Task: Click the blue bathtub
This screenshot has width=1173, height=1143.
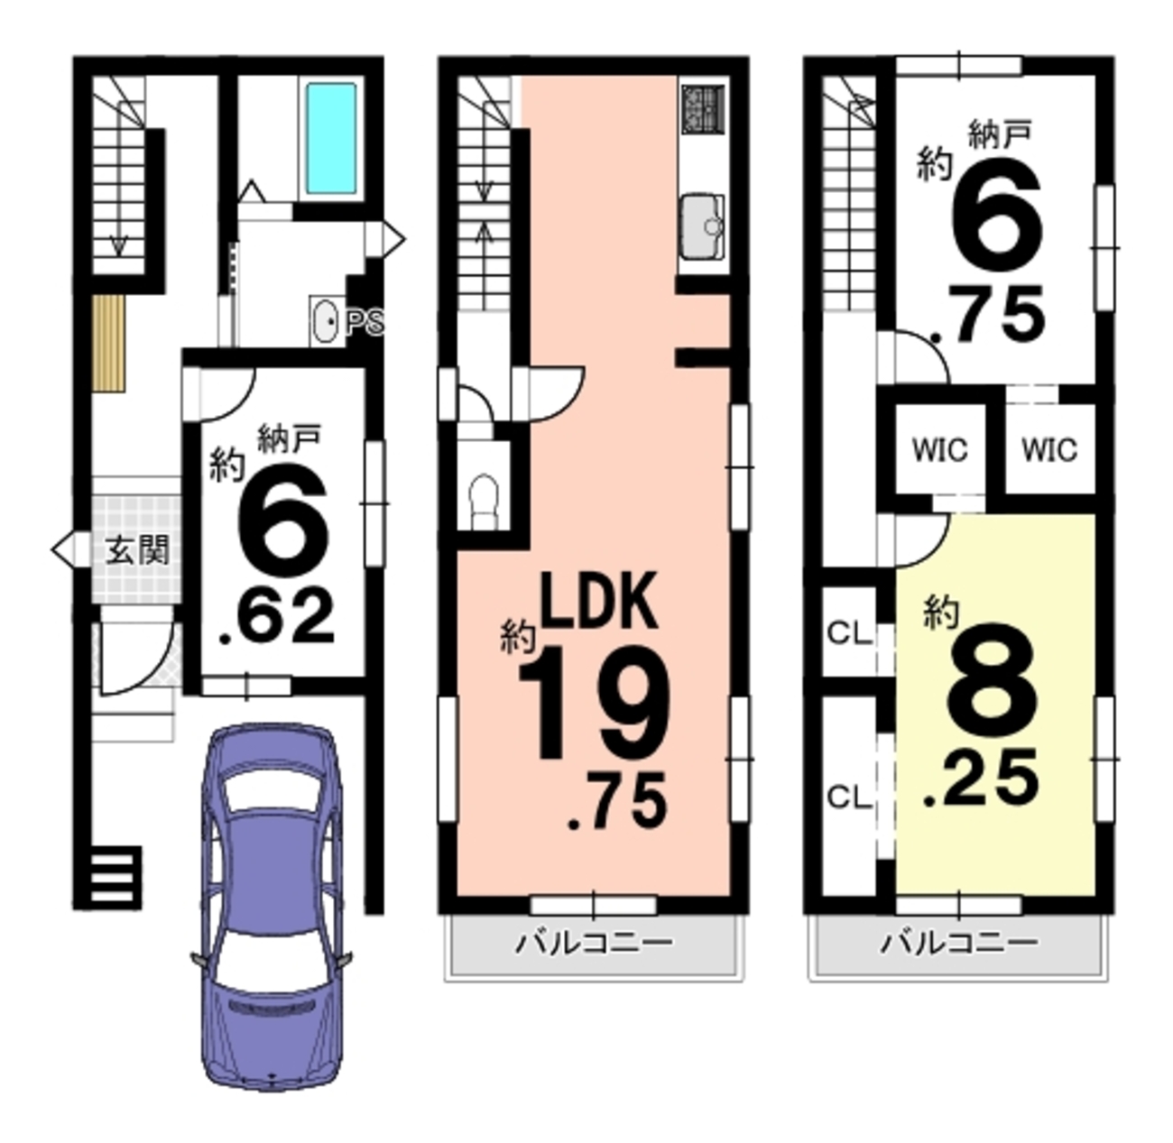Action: coord(330,138)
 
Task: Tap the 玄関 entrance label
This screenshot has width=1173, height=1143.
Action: coord(137,549)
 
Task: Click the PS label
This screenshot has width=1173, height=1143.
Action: coord(363,322)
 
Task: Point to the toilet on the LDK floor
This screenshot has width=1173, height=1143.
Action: coord(484,502)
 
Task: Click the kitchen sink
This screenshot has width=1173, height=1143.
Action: coord(702,226)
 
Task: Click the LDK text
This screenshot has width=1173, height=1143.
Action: coord(598,601)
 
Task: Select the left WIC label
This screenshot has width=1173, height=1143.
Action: coord(939,449)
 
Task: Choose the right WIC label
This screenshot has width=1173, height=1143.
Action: coord(1049,449)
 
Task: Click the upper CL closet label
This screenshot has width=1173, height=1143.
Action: coord(849,632)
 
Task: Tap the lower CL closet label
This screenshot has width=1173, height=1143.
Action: coord(849,797)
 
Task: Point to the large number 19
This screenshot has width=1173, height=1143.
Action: coord(594,703)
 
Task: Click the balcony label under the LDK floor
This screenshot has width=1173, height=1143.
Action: coord(594,943)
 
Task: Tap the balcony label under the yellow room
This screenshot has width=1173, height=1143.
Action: coord(960,943)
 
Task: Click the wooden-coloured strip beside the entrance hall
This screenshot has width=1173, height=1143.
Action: coord(108,343)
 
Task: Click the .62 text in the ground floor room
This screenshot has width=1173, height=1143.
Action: coord(278,618)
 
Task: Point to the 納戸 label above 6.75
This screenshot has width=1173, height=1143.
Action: coord(1000,134)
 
